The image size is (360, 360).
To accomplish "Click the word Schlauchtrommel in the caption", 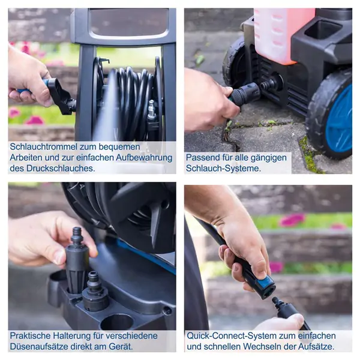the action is tap(43, 147).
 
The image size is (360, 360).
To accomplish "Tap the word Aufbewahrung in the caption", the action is tap(144, 158).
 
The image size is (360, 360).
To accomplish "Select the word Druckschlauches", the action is tap(61, 168).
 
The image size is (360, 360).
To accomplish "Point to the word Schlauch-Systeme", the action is tap(223, 168).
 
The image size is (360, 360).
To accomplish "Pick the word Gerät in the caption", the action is tap(121, 346).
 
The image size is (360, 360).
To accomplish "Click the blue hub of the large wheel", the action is tap(339, 119).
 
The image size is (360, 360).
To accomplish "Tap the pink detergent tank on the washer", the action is tap(283, 34).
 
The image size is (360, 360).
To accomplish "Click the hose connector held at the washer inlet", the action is tap(245, 94).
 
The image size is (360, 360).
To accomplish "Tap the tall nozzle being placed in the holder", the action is tap(76, 262).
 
